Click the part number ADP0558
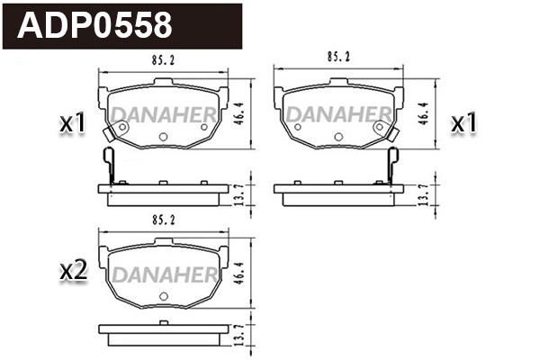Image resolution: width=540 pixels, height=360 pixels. (94, 25)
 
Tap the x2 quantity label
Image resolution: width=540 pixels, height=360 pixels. (71, 271)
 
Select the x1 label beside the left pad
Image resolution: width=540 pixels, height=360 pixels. (71, 124)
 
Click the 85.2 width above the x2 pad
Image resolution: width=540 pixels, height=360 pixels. (162, 218)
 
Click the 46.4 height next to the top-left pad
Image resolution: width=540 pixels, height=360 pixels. (239, 114)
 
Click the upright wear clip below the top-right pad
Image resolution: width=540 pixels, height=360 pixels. (391, 166)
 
